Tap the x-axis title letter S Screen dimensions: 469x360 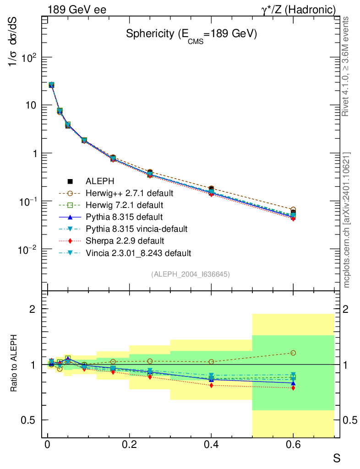click(337, 457)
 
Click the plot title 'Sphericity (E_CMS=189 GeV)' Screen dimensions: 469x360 click(191, 35)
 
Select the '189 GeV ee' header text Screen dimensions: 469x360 click(76, 9)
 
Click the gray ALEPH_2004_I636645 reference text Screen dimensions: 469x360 click(190, 274)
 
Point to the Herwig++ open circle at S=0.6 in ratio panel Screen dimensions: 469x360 click(293, 353)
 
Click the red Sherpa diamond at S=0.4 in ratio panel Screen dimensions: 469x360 click(211, 386)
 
